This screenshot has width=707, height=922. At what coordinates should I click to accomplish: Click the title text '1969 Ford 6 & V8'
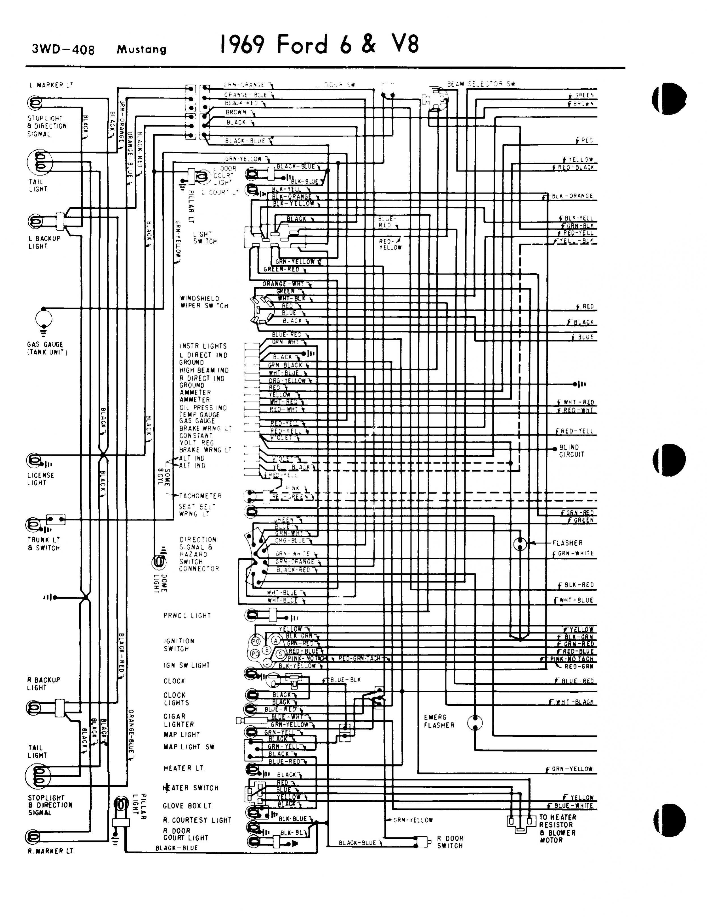[x=320, y=45]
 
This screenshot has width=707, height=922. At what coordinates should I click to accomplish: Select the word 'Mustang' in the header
[x=142, y=50]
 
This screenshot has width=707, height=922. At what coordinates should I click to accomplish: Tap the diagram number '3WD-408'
[x=63, y=50]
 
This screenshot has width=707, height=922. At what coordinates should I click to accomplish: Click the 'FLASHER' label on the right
[x=567, y=543]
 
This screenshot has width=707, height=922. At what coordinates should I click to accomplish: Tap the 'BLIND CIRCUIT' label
[x=572, y=451]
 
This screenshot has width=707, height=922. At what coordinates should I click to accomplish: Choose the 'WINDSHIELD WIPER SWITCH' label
[x=204, y=302]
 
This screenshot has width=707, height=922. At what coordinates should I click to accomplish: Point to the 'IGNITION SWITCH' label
[x=179, y=644]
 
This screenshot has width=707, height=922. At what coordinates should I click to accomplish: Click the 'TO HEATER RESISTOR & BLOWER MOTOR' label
[x=557, y=829]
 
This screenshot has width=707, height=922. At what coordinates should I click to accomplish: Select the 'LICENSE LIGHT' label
[x=41, y=479]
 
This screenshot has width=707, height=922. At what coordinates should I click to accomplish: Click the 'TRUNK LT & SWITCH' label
[x=44, y=544]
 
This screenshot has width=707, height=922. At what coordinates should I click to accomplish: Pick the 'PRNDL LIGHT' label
[x=187, y=616]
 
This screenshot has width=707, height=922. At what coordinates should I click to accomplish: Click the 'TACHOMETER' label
[x=200, y=496]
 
